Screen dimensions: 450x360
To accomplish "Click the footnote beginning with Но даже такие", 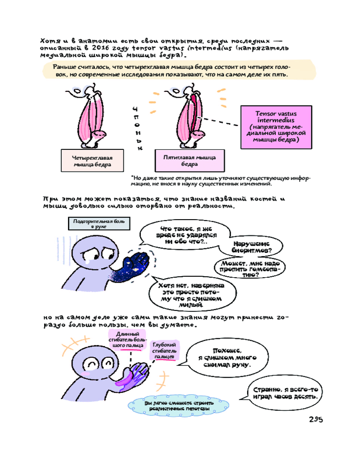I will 220,180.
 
